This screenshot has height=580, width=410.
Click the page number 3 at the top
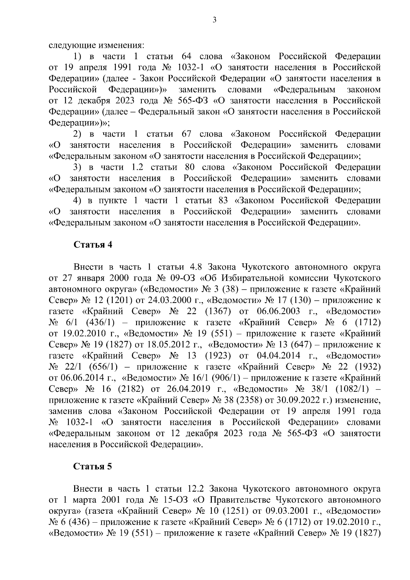pos(215,20)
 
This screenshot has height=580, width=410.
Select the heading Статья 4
pos(93,245)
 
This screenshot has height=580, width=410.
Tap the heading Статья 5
pos(93,467)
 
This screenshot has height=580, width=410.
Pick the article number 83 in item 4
pos(223,201)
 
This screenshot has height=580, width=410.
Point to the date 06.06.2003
pos(277,311)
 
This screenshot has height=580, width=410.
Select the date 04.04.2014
pos(277,356)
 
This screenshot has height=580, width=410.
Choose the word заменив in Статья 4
pos(66,411)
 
